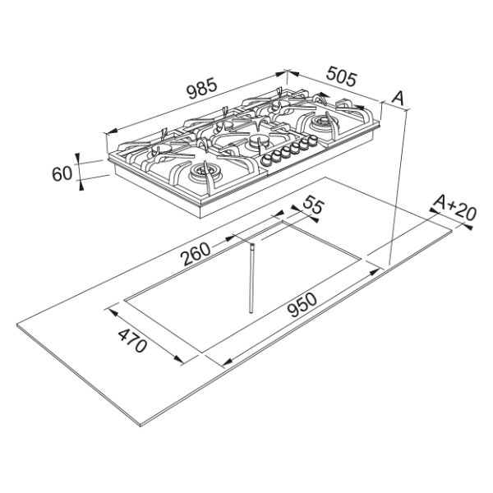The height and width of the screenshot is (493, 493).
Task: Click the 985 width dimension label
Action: coord(201,88)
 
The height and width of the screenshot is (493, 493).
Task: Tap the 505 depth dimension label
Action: coord(342,77)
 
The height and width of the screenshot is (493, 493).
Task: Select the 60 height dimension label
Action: coord(62,173)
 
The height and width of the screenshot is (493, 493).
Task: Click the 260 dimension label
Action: coord(196,253)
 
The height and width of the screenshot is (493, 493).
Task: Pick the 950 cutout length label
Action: coord(302,304)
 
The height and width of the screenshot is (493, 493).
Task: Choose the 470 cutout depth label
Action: coord(132,340)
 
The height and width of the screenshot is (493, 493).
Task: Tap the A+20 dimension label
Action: coord(454,208)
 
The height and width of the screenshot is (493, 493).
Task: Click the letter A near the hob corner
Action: coord(398,98)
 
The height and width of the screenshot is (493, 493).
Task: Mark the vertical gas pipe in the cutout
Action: coord(251,278)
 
